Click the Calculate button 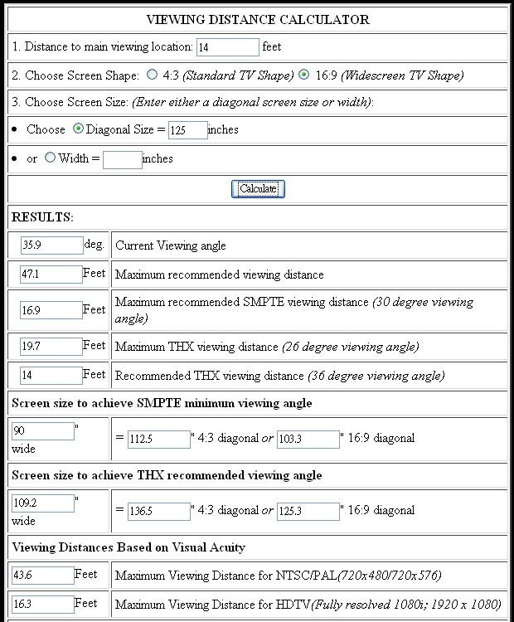258,188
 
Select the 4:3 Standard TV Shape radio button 152,75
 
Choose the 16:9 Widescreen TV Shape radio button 304,75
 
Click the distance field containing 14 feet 228,47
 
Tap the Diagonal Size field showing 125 187,130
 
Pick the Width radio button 50,158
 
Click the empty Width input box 122,158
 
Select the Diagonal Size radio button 79,129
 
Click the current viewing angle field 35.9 51,245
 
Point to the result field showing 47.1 51,275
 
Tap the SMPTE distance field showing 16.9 51,310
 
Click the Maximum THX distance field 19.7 51,346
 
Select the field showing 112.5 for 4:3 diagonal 158,439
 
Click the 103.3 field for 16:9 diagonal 308,439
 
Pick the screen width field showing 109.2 43,503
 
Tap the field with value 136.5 158,512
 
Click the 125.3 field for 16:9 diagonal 308,512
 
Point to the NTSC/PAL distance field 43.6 43,575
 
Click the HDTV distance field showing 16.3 43,605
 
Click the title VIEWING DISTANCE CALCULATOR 258,19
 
